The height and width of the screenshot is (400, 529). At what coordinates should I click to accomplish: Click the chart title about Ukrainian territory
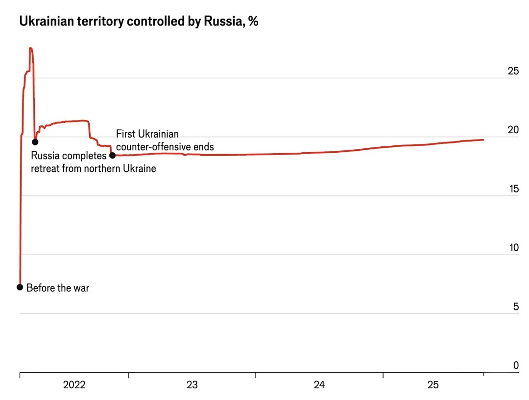[139, 22]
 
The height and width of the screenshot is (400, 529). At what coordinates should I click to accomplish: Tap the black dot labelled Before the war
[20, 287]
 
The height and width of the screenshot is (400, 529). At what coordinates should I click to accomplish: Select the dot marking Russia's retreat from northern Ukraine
[35, 142]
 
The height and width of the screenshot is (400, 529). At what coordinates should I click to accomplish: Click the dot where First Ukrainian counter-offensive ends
[112, 155]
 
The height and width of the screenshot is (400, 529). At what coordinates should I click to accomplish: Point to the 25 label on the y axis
[513, 71]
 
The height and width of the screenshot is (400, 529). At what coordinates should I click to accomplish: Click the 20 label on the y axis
[513, 130]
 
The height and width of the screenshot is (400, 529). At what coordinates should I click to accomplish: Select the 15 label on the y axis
[513, 189]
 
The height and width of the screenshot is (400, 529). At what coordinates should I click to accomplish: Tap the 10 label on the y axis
[513, 248]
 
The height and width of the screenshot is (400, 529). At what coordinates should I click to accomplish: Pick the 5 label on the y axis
[515, 307]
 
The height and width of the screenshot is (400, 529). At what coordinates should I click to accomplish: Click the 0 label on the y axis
[516, 365]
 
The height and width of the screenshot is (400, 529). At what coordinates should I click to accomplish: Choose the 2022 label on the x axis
[74, 385]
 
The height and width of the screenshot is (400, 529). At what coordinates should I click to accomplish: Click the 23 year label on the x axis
[192, 385]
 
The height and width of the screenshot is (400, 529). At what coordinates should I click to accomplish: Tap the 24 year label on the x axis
[319, 385]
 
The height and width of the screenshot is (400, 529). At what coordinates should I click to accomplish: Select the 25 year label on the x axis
[433, 385]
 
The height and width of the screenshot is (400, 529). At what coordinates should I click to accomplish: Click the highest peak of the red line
[30, 48]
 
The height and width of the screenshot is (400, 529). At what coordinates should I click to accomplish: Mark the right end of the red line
[483, 140]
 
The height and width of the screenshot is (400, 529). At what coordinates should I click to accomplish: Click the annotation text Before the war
[58, 288]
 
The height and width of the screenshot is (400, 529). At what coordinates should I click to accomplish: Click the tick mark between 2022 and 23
[129, 376]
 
